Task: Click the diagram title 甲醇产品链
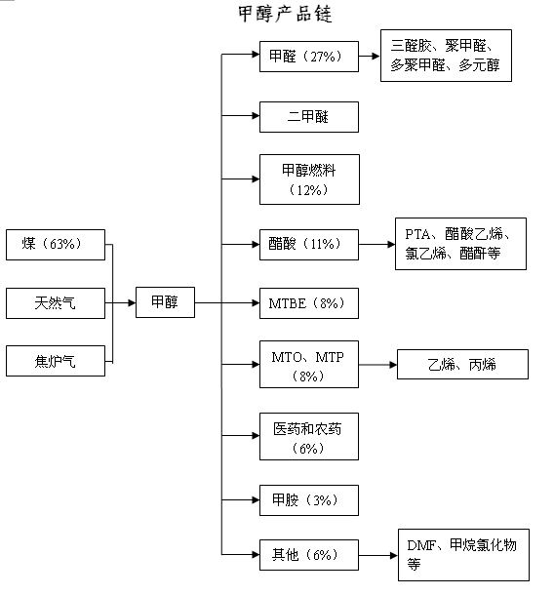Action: tap(285, 14)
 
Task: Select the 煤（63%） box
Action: tap(56, 245)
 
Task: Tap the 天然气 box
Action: tap(56, 303)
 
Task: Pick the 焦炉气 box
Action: tap(56, 361)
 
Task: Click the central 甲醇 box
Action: tap(165, 302)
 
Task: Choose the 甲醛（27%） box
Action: tap(309, 57)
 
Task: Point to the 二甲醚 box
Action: tap(309, 117)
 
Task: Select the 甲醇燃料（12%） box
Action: tap(309, 179)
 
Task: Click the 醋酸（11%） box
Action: tap(309, 245)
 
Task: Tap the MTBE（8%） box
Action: tap(309, 303)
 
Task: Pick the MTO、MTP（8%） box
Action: tap(309, 364)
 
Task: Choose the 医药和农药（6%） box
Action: tap(309, 436)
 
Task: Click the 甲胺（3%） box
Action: tap(309, 500)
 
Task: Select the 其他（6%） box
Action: tap(309, 555)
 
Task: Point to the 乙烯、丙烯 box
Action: tap(462, 364)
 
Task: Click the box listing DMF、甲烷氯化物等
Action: tap(463, 555)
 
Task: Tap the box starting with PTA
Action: tap(460, 244)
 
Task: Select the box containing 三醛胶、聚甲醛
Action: tap(446, 56)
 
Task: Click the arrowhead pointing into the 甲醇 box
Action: tap(132, 302)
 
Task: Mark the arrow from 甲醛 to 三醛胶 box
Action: tap(370, 57)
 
